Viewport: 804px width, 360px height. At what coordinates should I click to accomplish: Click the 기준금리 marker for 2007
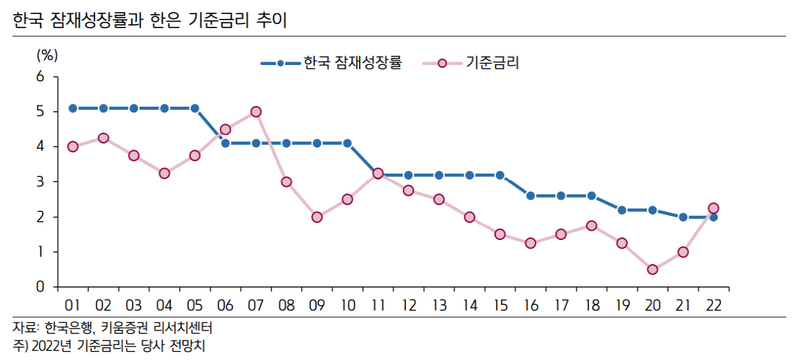256,112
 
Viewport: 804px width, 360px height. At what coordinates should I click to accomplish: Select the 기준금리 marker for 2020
653,269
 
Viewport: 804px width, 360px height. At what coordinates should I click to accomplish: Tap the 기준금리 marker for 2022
714,208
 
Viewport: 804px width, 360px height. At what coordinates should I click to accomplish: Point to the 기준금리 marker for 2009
317,217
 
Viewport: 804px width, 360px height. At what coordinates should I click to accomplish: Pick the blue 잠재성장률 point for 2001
73,108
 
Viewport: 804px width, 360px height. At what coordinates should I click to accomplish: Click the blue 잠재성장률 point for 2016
531,196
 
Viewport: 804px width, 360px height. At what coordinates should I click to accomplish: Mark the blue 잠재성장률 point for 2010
348,143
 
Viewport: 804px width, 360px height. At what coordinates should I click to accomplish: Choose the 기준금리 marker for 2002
103,138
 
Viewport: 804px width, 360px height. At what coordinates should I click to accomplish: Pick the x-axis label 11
378,305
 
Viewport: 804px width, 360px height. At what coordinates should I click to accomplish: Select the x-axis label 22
714,305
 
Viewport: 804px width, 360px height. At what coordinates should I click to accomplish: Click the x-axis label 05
195,305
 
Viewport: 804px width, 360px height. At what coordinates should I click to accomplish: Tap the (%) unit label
48,55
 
